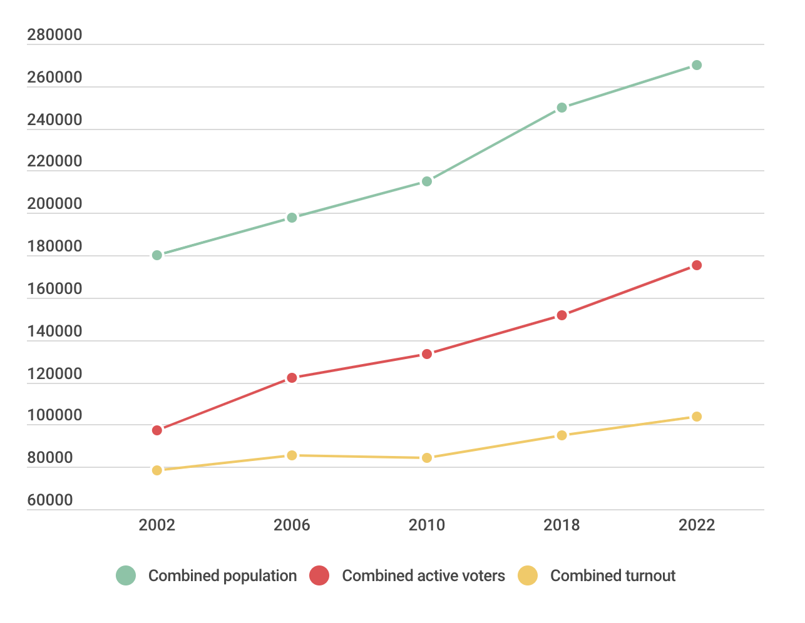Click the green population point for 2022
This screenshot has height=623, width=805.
point(697,65)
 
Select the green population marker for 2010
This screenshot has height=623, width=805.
point(427,181)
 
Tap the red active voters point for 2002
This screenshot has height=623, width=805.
point(157,430)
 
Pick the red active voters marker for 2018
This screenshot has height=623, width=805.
point(561,315)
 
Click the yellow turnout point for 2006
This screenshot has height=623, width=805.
point(292,455)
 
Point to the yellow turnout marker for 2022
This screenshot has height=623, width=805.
point(697,417)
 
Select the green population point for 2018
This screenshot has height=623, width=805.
point(561,108)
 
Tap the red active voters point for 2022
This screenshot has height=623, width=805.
point(697,265)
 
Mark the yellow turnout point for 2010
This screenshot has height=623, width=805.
point(427,458)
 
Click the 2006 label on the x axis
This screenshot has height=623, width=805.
point(292,525)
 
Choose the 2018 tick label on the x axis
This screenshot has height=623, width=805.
point(561,525)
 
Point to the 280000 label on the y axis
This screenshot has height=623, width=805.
point(54,34)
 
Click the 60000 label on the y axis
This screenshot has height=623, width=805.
point(50,500)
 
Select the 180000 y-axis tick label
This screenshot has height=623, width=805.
point(54,246)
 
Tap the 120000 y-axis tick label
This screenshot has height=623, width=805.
point(54,373)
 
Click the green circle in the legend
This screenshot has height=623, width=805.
point(126,575)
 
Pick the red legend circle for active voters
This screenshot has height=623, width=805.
point(319,575)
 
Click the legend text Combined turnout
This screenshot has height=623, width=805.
point(612,575)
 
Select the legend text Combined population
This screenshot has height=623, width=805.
point(222,575)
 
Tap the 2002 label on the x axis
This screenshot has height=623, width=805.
point(157,525)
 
